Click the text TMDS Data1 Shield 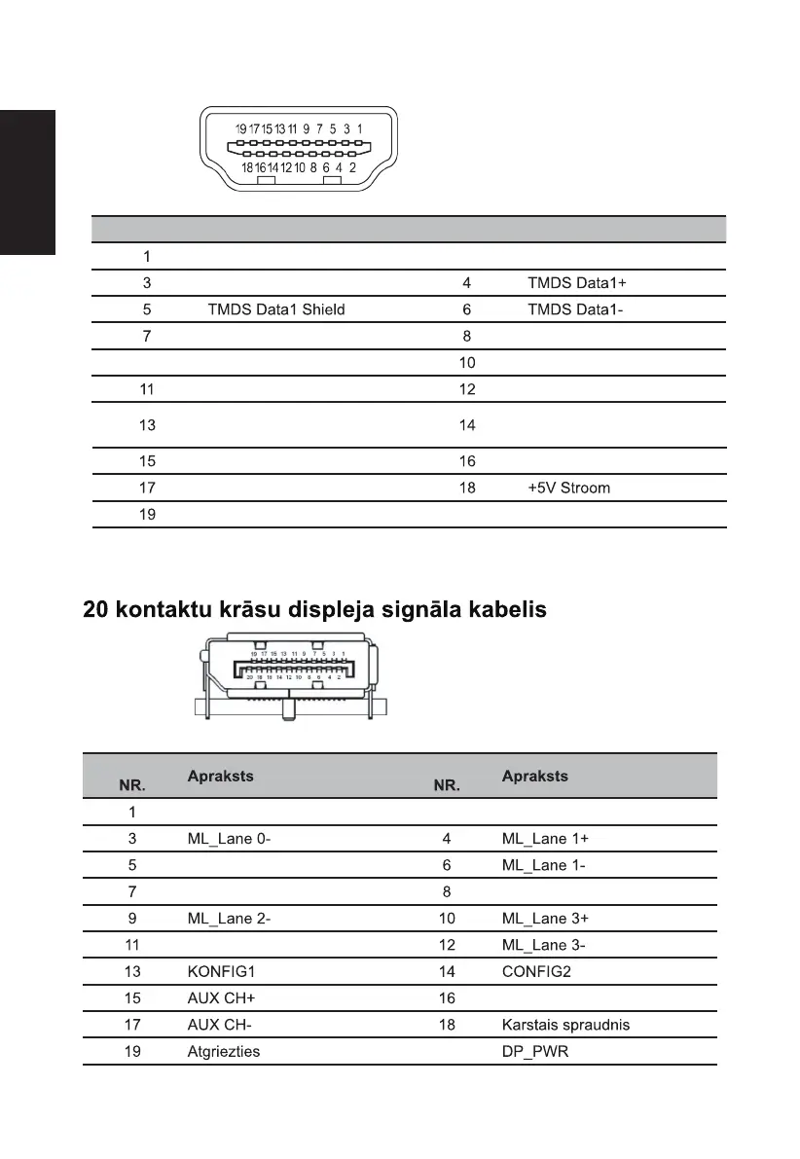pyautogui.click(x=276, y=309)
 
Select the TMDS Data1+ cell pyautogui.click(x=577, y=283)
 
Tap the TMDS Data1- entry pyautogui.click(x=575, y=309)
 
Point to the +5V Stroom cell pyautogui.click(x=569, y=488)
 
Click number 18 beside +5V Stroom pyautogui.click(x=467, y=488)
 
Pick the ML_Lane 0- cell pyautogui.click(x=229, y=838)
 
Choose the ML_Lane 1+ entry pyautogui.click(x=544, y=838)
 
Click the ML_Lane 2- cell pyautogui.click(x=229, y=918)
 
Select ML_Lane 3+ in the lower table pyautogui.click(x=544, y=918)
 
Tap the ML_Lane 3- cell pyautogui.click(x=543, y=944)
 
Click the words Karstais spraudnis pyautogui.click(x=566, y=1024)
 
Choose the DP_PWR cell pyautogui.click(x=535, y=1051)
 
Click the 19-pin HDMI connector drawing pyautogui.click(x=295, y=148)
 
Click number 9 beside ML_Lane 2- pyautogui.click(x=132, y=918)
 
